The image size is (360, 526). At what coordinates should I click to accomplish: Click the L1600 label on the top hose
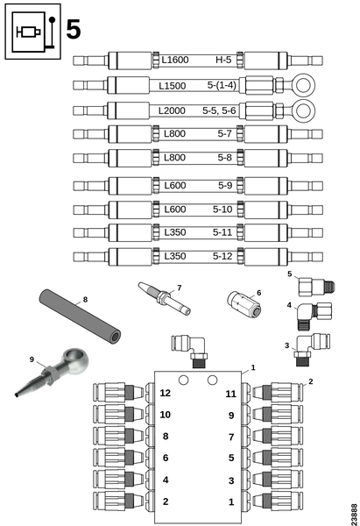pos(175,60)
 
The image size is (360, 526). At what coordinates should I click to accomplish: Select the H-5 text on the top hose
pos(223,60)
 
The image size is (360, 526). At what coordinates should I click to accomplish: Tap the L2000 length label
pos(172,110)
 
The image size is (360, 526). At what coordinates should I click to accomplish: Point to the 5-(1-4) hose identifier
pos(222,85)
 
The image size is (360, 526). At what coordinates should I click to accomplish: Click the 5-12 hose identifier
pos(222,256)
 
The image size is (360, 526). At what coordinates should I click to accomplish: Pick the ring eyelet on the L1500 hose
pos(303,85)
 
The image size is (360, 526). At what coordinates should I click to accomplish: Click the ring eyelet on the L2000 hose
pos(303,110)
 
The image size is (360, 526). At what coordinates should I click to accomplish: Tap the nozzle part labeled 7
pos(165,298)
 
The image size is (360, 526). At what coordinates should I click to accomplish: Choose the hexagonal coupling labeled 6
pos(244,304)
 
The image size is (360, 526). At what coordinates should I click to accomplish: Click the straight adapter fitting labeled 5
pos(316,288)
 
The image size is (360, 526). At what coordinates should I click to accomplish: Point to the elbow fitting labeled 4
pos(314,316)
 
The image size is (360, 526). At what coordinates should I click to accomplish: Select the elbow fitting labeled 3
pos(313,349)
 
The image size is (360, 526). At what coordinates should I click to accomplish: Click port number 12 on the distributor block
pos(166,393)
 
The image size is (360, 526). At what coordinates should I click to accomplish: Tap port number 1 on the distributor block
pos(231,501)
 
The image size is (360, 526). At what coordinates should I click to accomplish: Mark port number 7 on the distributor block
pos(231,437)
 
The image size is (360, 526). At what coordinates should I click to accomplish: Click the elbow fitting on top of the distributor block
pos(189,351)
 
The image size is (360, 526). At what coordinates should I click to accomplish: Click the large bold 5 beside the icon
pos(74,30)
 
